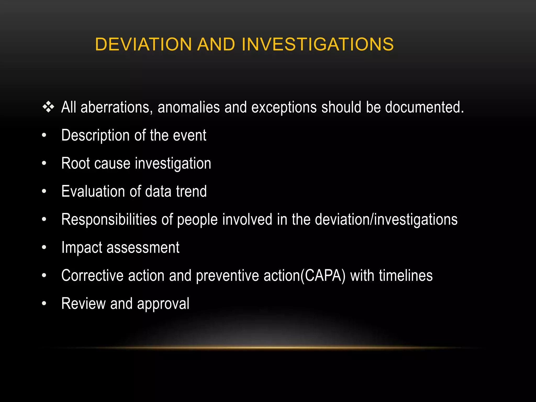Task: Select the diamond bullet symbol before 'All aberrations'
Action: (x=48, y=107)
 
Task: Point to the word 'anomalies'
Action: (x=189, y=108)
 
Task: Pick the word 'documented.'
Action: (x=425, y=108)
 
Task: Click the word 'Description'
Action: (x=96, y=136)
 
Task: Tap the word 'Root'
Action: (x=75, y=163)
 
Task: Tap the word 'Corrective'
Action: (x=92, y=276)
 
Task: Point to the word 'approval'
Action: (x=163, y=304)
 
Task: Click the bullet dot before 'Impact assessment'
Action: (x=44, y=247)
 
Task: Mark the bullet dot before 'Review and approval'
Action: (x=44, y=303)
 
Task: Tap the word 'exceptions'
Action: (x=284, y=108)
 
